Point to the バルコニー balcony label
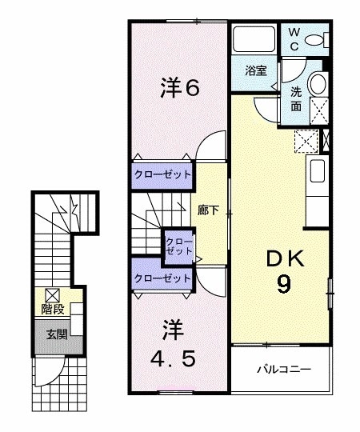point(282,370)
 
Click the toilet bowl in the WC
point(317,38)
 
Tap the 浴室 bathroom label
point(255,70)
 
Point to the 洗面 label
point(297,97)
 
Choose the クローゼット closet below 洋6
point(163,174)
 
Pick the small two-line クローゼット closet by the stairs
point(178,246)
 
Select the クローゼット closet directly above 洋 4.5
point(163,278)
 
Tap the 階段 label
point(54,309)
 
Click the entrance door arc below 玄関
point(50,370)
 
